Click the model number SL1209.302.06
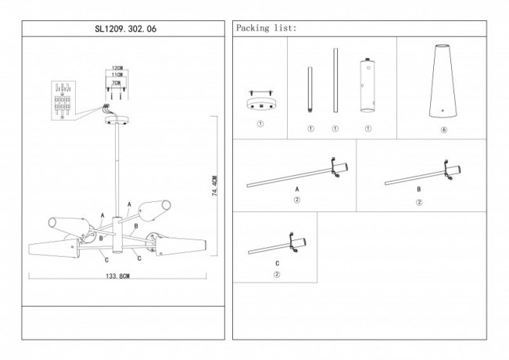(124, 28)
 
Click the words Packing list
(266, 28)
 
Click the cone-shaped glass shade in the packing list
(443, 81)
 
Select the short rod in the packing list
(310, 91)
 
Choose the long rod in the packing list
(335, 82)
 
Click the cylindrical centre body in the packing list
(366, 88)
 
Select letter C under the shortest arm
(276, 263)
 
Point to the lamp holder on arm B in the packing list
(453, 172)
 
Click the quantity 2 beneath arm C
(276, 274)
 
